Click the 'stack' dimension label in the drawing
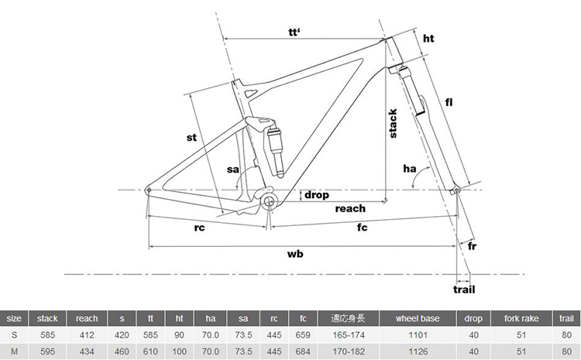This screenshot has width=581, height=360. pyautogui.click(x=393, y=123)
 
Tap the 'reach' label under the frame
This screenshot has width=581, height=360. pyautogui.click(x=350, y=208)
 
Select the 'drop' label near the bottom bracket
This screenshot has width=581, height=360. pyautogui.click(x=316, y=195)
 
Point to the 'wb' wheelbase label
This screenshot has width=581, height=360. pyautogui.click(x=295, y=254)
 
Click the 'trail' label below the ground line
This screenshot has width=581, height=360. pyautogui.click(x=464, y=290)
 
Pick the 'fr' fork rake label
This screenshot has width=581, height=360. pyautogui.click(x=472, y=246)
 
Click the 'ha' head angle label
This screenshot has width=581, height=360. pyautogui.click(x=410, y=169)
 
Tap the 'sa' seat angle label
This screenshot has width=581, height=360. pyautogui.click(x=232, y=170)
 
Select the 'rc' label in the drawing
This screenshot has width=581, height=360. pyautogui.click(x=199, y=228)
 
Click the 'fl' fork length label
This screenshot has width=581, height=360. pyautogui.click(x=449, y=102)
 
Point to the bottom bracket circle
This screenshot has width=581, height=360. pyautogui.click(x=269, y=202)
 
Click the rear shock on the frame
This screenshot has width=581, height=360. pyautogui.click(x=273, y=146)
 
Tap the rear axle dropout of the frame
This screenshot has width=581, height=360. pyautogui.click(x=149, y=190)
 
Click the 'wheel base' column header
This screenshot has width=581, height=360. pyautogui.click(x=418, y=318)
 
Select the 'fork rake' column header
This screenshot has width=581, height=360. pyautogui.click(x=521, y=318)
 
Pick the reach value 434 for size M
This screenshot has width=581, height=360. pyautogui.click(x=87, y=351)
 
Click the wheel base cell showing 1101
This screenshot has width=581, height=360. pyautogui.click(x=418, y=335)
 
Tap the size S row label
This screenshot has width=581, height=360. pyautogui.click(x=14, y=335)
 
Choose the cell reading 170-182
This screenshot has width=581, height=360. pyautogui.click(x=349, y=351)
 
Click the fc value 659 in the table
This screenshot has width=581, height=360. pyautogui.click(x=303, y=335)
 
